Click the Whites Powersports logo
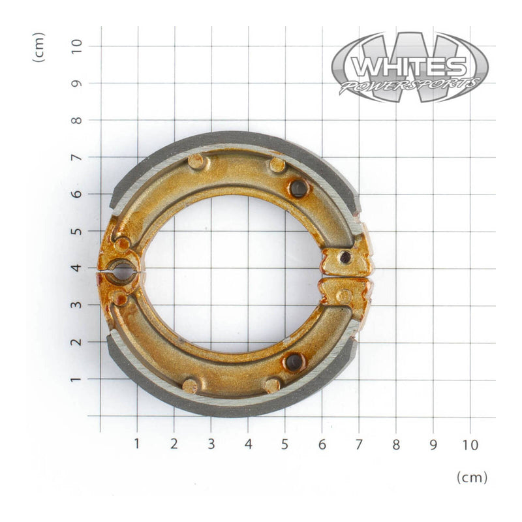410,68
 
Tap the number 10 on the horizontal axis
470,445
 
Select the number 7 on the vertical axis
77,157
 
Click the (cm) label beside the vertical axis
40,46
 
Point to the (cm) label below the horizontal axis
472,477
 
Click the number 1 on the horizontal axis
137,445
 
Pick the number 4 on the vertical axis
77,268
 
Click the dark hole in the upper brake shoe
299,189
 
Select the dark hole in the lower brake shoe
294,361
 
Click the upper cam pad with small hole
345,259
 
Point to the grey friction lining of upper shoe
235,140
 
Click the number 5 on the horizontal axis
285,445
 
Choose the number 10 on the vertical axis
77,46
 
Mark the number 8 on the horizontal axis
396,445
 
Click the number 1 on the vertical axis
77,379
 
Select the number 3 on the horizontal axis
211,445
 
